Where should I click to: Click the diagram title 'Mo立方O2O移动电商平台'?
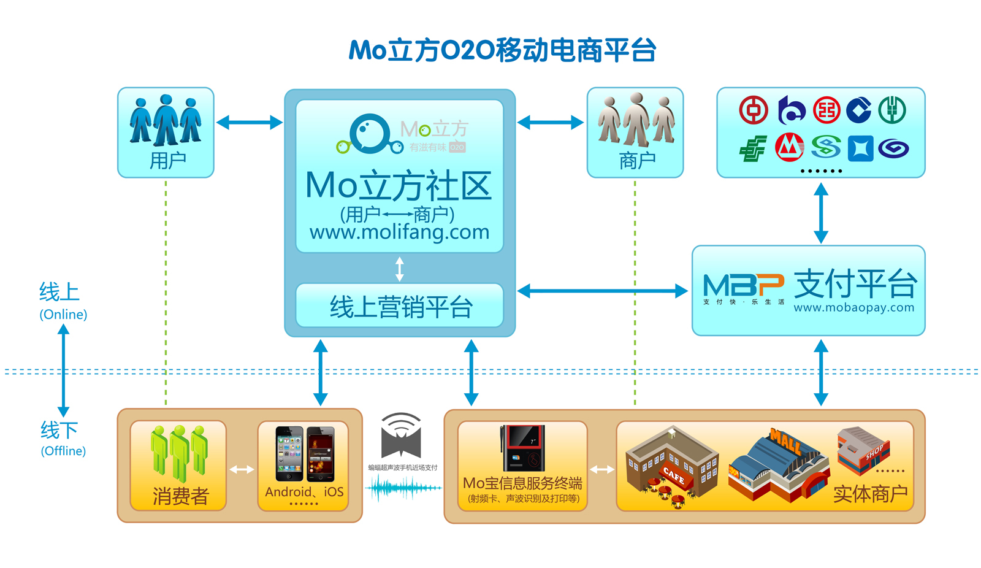(502, 50)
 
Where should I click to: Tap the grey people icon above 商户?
(636, 118)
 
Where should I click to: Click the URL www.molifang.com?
(399, 232)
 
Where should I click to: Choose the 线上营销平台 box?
(400, 306)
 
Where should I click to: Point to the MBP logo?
(744, 286)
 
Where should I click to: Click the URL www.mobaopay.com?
(853, 308)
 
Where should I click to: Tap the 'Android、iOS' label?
(304, 492)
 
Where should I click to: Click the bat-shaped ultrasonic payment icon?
(401, 437)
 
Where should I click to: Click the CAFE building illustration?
(671, 466)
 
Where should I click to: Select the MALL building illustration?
(779, 466)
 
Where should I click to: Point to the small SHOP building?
(863, 451)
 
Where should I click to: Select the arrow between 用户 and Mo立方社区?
(250, 123)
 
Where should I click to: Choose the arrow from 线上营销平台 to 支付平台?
(603, 291)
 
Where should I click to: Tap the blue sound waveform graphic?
(403, 488)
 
